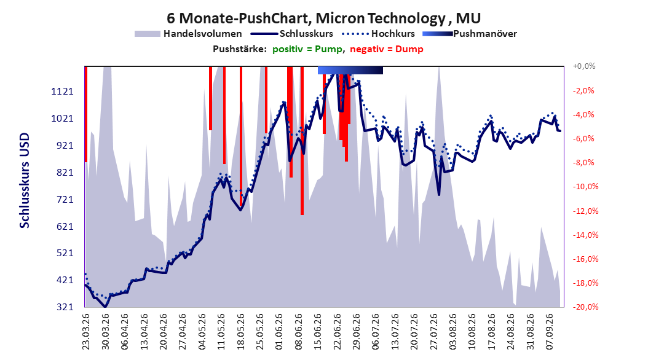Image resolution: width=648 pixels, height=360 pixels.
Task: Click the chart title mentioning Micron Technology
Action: click(323, 18)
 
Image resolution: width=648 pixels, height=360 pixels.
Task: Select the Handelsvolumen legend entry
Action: click(189, 34)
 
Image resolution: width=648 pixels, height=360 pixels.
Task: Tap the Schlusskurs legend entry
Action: click(292, 34)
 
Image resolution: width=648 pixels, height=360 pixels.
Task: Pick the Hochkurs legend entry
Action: click(378, 34)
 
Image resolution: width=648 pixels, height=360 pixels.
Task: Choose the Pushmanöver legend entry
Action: click(470, 34)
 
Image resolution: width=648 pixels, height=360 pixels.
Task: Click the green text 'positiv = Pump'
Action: click(307, 49)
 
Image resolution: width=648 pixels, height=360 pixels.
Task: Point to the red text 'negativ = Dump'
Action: click(387, 49)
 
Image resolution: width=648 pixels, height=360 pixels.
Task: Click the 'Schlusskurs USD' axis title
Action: click(25, 181)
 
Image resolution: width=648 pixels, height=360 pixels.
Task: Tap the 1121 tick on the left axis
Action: click(63, 92)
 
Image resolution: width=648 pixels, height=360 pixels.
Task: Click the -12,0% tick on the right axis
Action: click(585, 211)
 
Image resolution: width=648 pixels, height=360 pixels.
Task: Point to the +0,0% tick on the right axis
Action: click(584, 66)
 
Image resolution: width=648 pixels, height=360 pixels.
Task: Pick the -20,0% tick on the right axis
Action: click(585, 307)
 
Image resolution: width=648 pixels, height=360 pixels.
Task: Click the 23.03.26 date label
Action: click(86, 332)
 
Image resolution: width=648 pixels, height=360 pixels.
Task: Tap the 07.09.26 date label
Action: click(550, 332)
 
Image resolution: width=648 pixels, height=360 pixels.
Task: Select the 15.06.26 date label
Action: click(318, 332)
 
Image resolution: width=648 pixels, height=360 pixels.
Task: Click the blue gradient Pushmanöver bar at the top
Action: click(350, 71)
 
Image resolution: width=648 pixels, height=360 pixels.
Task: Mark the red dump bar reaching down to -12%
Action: click(302, 141)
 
